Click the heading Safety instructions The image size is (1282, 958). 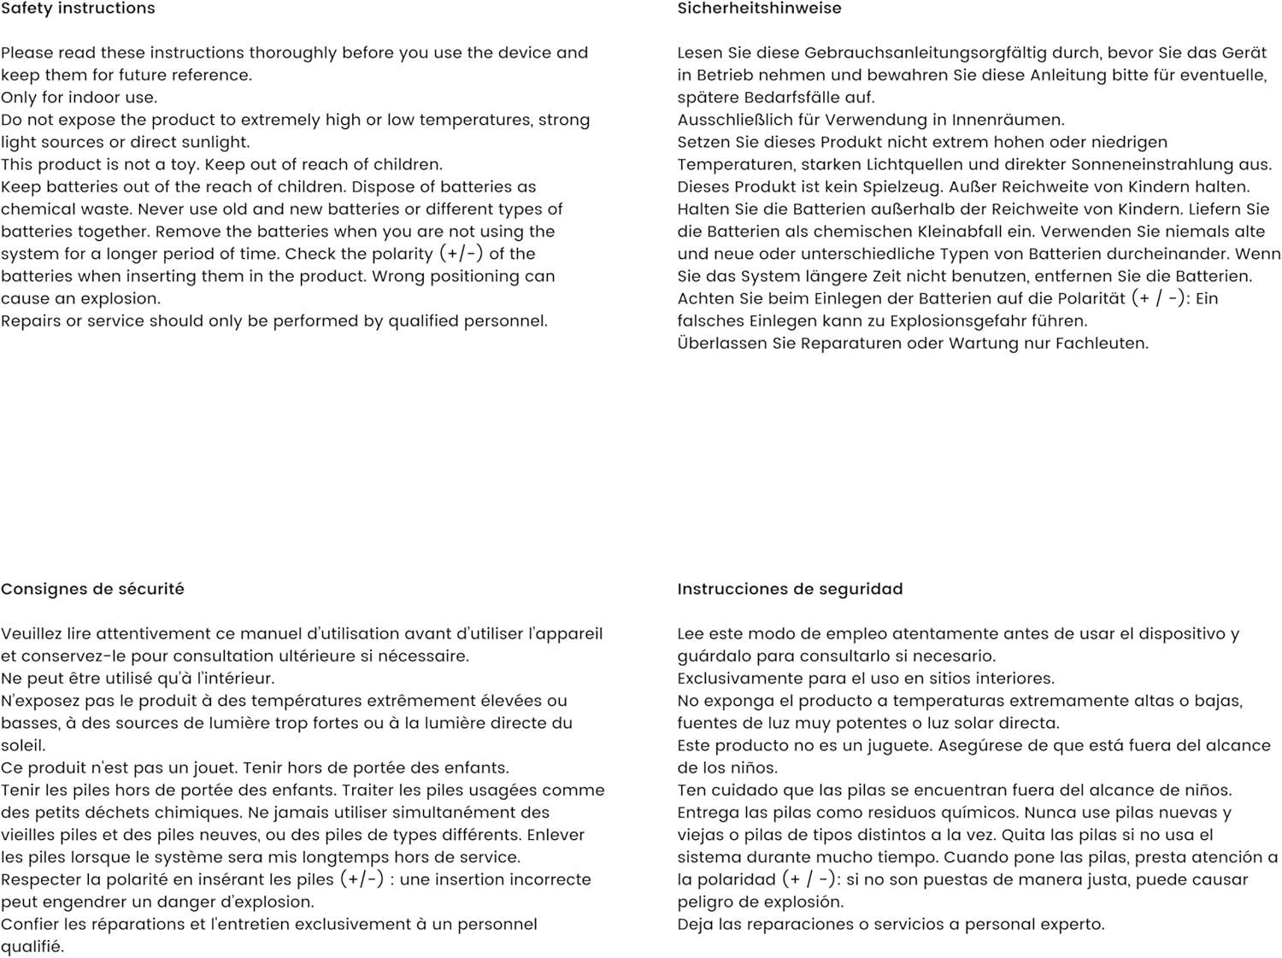tap(78, 9)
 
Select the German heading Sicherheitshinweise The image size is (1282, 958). tap(759, 9)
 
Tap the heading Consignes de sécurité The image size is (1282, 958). tap(92, 589)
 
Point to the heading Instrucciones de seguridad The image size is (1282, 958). tap(790, 589)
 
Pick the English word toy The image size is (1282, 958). tap(182, 165)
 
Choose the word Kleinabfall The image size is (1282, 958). tap(966, 232)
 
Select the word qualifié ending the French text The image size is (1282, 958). tap(32, 947)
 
